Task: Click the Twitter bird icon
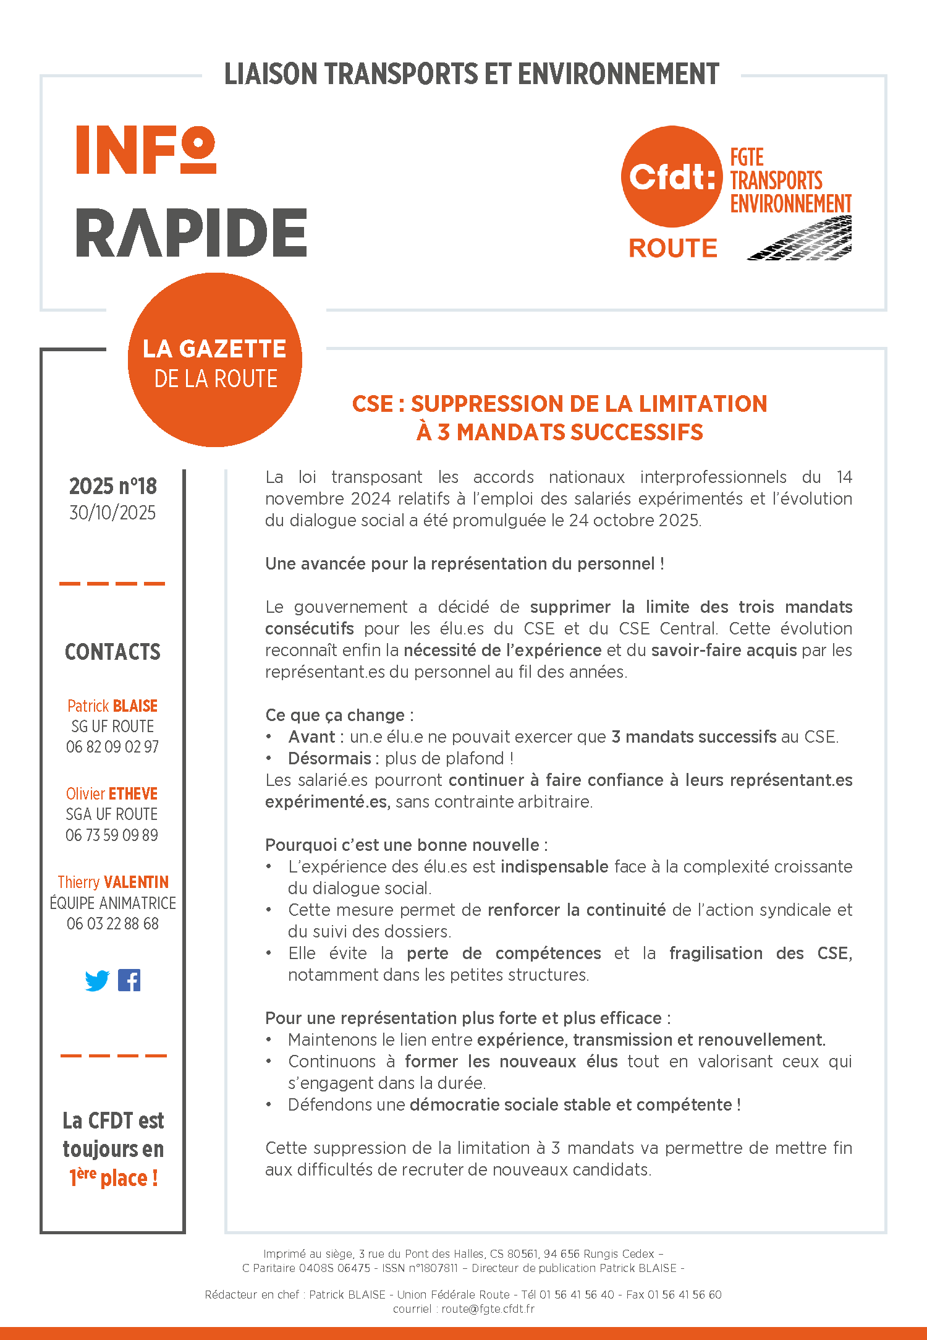pos(97,981)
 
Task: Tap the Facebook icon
pos(129,980)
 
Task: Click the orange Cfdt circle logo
pos(672,177)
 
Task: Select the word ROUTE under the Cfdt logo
pos(673,249)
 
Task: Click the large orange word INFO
pos(146,150)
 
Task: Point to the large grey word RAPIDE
pos(191,233)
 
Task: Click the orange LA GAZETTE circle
pos(214,360)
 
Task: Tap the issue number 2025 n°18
pos(112,487)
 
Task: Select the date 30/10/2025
pos(112,513)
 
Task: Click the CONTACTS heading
pos(112,652)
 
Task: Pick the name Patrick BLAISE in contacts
pos(112,706)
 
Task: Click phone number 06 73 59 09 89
pos(112,835)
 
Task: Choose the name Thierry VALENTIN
pos(113,882)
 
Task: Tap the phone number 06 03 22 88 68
pos(112,924)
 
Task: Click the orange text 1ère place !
pos(114,1177)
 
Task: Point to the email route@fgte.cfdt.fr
pos(488,1309)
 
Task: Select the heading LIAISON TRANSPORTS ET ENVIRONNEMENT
pos(472,74)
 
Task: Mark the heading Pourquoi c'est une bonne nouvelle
pos(406,845)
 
